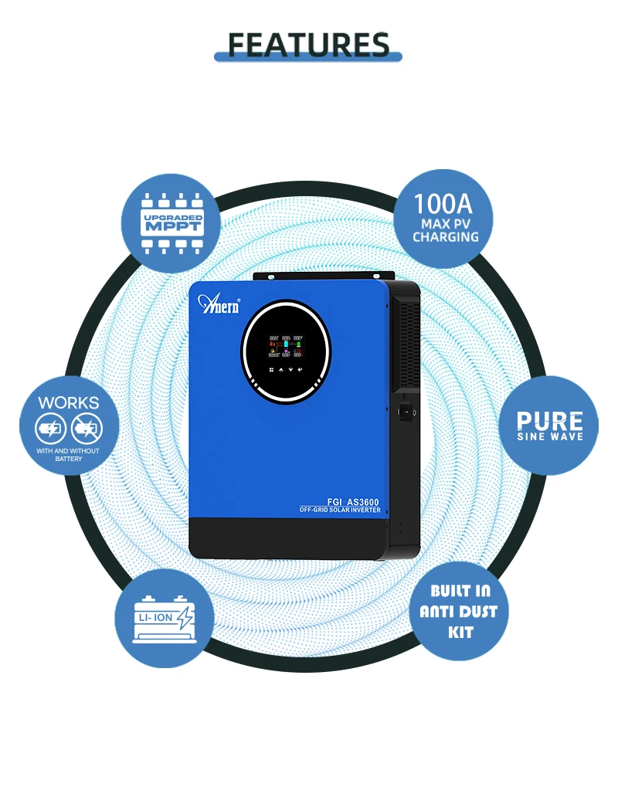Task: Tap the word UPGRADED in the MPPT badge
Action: click(173, 217)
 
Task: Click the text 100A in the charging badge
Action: click(443, 204)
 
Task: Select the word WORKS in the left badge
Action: click(69, 402)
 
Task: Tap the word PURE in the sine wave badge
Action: click(550, 421)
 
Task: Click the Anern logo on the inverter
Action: click(219, 303)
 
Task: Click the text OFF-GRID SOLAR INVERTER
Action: click(340, 511)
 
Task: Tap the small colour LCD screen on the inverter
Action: click(286, 345)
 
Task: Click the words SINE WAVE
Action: click(550, 437)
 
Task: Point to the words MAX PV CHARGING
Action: click(445, 230)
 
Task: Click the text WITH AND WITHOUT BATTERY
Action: click(69, 454)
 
